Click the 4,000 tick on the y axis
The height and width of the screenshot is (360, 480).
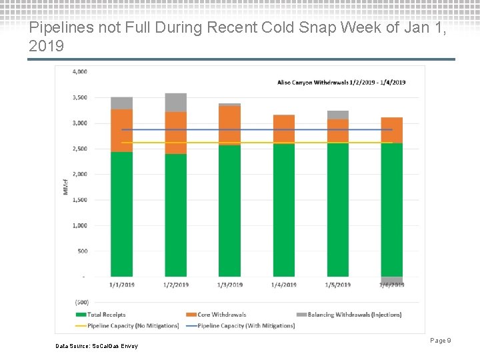click(x=79, y=71)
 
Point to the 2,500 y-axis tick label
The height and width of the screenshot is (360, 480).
click(x=79, y=149)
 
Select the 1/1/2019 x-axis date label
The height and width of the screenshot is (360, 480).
click(x=121, y=285)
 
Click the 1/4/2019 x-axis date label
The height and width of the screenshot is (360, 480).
click(x=283, y=285)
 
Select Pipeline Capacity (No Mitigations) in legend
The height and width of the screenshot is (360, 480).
click(x=127, y=325)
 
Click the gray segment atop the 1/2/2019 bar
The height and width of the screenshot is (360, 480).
click(x=175, y=102)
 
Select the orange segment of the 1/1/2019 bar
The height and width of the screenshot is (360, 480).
click(x=121, y=131)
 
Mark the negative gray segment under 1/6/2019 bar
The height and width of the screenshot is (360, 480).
click(x=392, y=280)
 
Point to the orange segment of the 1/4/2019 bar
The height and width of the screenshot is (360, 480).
click(x=283, y=129)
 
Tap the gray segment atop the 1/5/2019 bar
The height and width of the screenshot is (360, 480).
click(x=338, y=115)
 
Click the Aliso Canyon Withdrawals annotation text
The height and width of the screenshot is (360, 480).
click(x=341, y=82)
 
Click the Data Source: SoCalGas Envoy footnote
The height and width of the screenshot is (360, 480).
click(x=97, y=346)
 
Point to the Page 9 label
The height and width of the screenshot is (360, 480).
click(x=441, y=341)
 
